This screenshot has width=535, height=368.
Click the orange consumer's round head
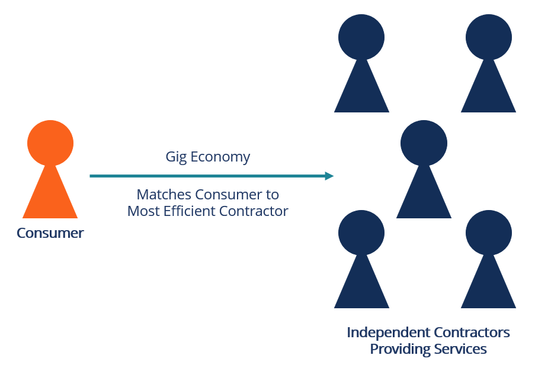tap(50, 143)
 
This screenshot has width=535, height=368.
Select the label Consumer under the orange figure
tap(50, 233)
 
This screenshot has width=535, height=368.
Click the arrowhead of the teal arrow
tap(329, 176)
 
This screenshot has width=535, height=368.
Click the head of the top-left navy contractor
tap(361, 37)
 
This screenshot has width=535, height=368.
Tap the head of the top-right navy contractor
tap(489, 37)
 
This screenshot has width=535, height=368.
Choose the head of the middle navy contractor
tap(424, 143)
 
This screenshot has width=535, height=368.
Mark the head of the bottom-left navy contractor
tap(361, 233)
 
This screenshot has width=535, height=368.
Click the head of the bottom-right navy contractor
tap(489, 233)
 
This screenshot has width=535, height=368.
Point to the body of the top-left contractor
tap(361, 92)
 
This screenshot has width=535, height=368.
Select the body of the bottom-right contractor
tap(489, 287)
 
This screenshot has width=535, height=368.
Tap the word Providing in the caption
tap(398, 349)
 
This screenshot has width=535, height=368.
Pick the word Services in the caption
tap(459, 349)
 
